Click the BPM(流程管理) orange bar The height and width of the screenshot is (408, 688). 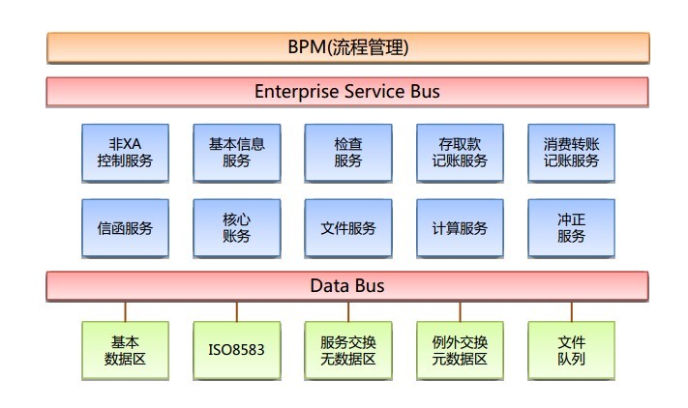(348, 47)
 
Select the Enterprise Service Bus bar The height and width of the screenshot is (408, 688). (347, 92)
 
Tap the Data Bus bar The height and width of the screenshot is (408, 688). (347, 286)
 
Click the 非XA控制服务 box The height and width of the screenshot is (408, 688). (125, 153)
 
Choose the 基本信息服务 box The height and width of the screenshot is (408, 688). (237, 153)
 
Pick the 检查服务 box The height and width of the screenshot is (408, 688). (348, 153)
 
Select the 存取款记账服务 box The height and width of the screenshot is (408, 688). (460, 153)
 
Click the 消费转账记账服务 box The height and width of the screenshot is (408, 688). (571, 153)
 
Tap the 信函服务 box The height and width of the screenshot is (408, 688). (125, 228)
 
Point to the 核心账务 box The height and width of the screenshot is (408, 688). (237, 228)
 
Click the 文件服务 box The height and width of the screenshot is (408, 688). (348, 228)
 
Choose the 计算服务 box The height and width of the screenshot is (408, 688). (460, 228)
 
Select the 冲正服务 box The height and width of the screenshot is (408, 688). (571, 228)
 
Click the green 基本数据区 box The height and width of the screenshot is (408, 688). (125, 351)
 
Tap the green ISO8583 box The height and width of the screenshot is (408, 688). (237, 351)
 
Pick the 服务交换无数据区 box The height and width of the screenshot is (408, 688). (348, 351)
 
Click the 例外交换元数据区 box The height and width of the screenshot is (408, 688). (460, 351)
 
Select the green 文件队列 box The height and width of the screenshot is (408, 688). (571, 351)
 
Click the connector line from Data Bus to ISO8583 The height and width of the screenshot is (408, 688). (237, 311)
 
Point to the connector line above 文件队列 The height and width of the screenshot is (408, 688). (571, 311)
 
